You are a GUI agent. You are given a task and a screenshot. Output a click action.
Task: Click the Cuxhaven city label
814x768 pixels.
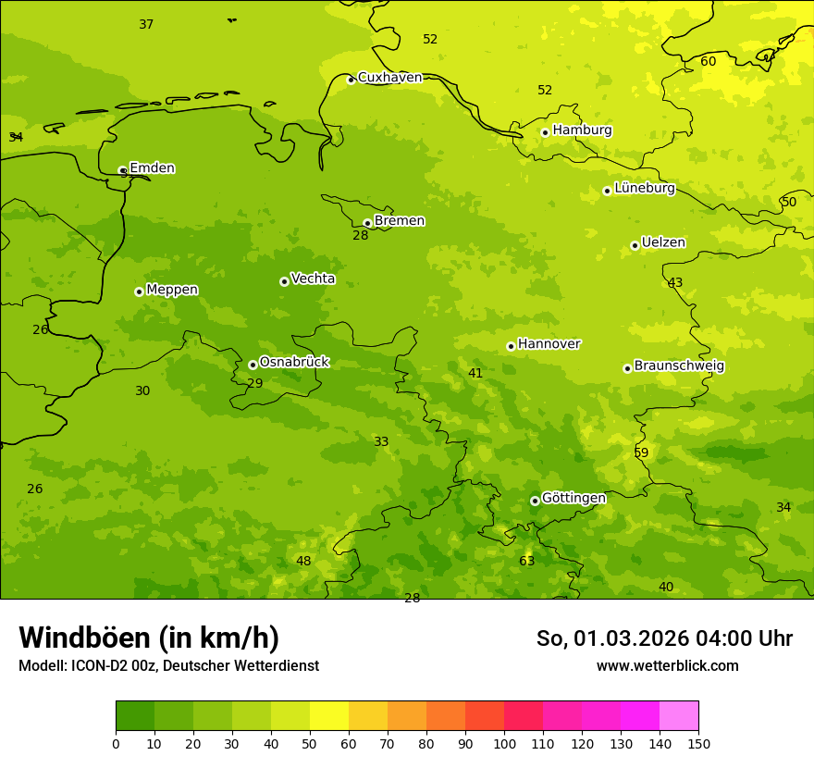point(389,78)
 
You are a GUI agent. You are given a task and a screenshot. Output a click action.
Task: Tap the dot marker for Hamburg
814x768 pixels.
point(545,132)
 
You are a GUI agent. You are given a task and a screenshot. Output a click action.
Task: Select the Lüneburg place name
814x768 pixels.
point(645,188)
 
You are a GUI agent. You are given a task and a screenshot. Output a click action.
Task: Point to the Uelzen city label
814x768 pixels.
point(663,242)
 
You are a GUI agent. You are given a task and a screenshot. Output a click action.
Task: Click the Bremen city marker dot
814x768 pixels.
point(367,223)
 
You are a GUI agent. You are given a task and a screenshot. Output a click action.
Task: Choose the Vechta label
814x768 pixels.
point(313,279)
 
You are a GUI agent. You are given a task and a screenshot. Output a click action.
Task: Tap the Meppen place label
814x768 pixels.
point(172,290)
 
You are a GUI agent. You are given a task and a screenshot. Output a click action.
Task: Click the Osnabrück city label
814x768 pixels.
point(294,362)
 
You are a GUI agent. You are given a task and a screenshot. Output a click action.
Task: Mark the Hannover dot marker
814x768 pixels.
point(511,346)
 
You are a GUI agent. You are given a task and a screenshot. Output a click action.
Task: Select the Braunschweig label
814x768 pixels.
point(679,366)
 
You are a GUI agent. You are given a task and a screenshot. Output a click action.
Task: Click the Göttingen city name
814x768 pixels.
point(573,498)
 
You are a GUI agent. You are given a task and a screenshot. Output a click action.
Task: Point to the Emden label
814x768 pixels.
point(152,168)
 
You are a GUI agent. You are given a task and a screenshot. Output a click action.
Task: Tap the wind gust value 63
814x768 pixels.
point(526,561)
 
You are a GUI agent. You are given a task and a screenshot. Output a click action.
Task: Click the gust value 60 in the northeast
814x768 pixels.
point(708,62)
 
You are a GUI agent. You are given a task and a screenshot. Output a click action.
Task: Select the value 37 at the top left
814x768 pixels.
point(146,25)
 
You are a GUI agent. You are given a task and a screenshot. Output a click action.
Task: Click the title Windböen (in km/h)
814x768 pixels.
point(149,638)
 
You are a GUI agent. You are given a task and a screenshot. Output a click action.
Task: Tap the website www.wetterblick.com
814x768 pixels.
point(667,666)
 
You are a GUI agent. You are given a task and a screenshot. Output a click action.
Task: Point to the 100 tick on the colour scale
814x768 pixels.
point(504,742)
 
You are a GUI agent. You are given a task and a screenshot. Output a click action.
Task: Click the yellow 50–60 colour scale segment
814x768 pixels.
point(329,716)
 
